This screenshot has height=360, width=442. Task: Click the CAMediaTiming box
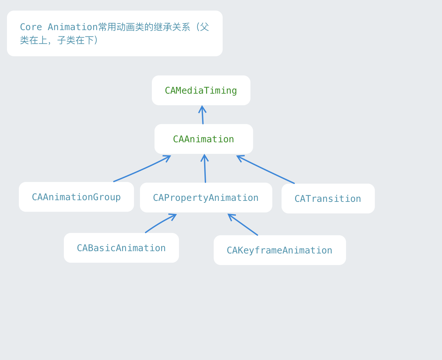tap(201, 90)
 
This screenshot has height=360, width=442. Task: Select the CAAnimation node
tap(203, 139)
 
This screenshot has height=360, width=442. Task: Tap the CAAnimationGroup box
tap(76, 197)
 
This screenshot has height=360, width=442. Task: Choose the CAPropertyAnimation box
tap(206, 198)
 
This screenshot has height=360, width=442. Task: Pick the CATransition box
tap(328, 199)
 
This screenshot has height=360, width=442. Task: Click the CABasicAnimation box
tap(121, 248)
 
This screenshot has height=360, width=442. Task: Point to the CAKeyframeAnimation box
tap(280, 250)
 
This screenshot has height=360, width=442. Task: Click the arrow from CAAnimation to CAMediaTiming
tap(202, 116)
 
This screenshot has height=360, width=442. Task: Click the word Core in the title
tap(31, 27)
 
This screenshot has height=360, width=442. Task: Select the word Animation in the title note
tap(72, 27)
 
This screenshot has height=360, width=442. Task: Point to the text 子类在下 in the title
tap(75, 40)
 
